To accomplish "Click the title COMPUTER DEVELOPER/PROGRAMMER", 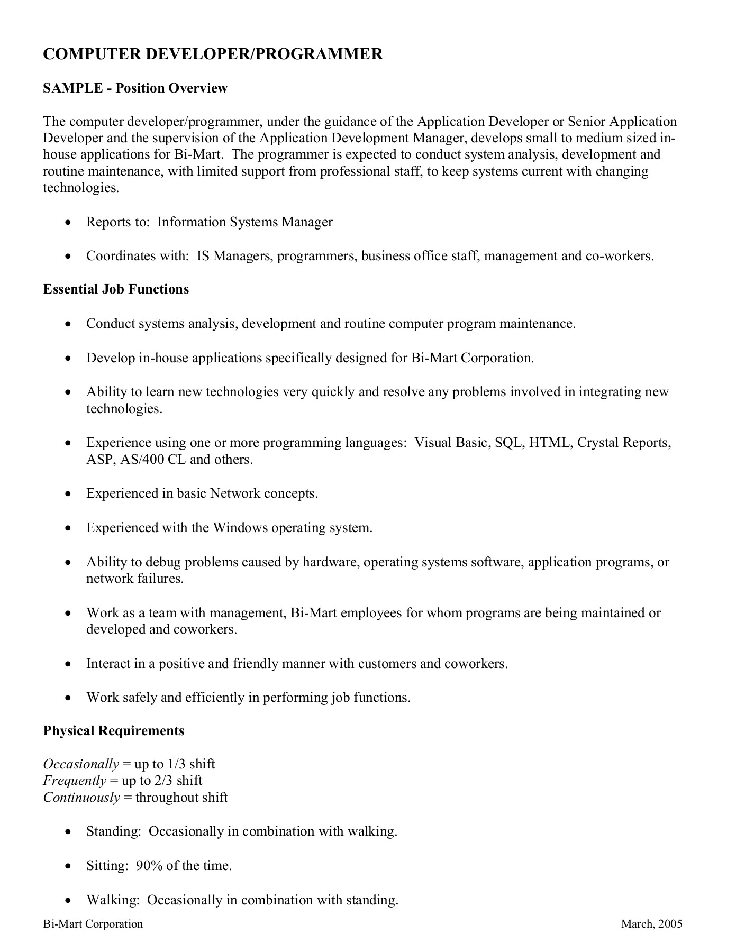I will pyautogui.click(x=213, y=54).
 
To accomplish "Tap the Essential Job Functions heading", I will pyautogui.click(x=116, y=289).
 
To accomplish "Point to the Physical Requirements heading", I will pyautogui.click(x=114, y=731).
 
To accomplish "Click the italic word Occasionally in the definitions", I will pyautogui.click(x=81, y=764).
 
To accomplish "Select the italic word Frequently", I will pyautogui.click(x=75, y=781).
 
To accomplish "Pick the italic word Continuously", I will pyautogui.click(x=81, y=798).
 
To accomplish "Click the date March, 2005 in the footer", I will pyautogui.click(x=651, y=924).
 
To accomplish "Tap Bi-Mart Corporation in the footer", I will pyautogui.click(x=93, y=924).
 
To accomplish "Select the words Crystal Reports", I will pyautogui.click(x=624, y=443).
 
